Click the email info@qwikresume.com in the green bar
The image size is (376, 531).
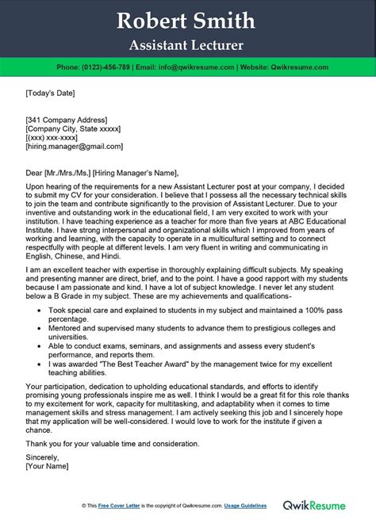pos(190,67)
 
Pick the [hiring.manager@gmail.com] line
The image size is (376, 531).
pos(72,147)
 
